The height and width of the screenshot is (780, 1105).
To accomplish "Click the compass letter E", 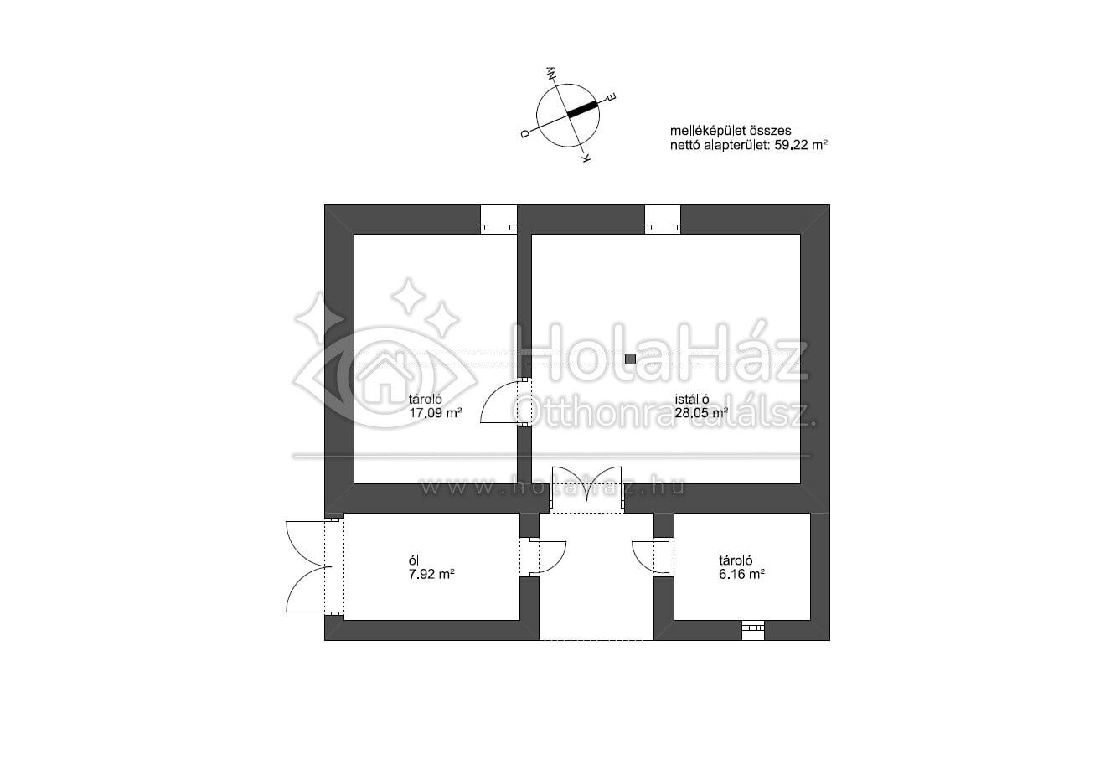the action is click(612, 97).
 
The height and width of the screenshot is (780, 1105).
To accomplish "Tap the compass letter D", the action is click(525, 133).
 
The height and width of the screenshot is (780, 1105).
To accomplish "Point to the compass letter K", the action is click(586, 158).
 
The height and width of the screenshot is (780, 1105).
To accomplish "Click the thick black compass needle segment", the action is click(582, 109).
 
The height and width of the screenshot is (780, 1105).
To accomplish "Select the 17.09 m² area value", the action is click(435, 412).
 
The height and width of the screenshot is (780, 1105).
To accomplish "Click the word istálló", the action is click(692, 399).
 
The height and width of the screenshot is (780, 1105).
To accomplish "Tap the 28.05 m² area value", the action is click(701, 412).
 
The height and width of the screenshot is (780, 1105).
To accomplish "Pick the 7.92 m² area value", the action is click(431, 574).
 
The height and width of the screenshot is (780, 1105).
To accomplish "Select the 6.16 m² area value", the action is click(741, 574).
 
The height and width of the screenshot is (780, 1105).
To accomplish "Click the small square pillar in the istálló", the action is click(630, 359).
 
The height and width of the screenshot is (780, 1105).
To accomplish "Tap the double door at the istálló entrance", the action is click(586, 489).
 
